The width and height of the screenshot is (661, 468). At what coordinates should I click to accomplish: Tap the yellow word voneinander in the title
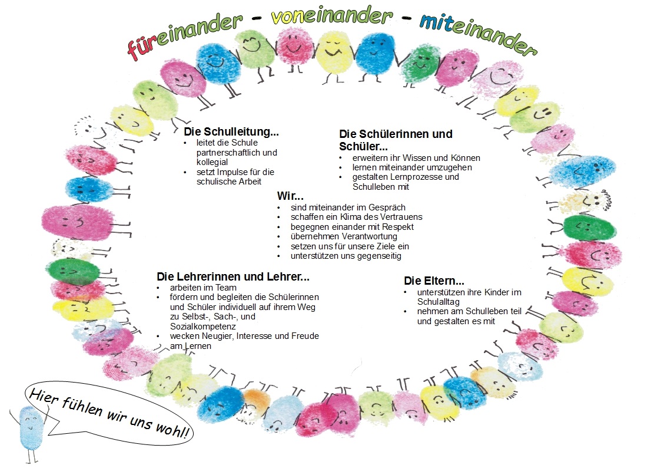[332, 15]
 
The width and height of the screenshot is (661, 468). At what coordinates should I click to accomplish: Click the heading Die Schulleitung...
[231, 131]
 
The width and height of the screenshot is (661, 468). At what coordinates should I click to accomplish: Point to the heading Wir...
[290, 196]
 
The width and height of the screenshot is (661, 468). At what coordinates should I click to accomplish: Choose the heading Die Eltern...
[434, 281]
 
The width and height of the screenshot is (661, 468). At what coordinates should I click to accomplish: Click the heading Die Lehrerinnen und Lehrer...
[232, 277]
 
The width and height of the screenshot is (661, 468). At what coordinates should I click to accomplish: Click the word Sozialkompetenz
[202, 326]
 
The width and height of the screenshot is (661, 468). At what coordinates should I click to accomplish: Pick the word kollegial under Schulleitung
[212, 162]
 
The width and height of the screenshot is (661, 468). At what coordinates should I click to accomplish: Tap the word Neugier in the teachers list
[218, 337]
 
